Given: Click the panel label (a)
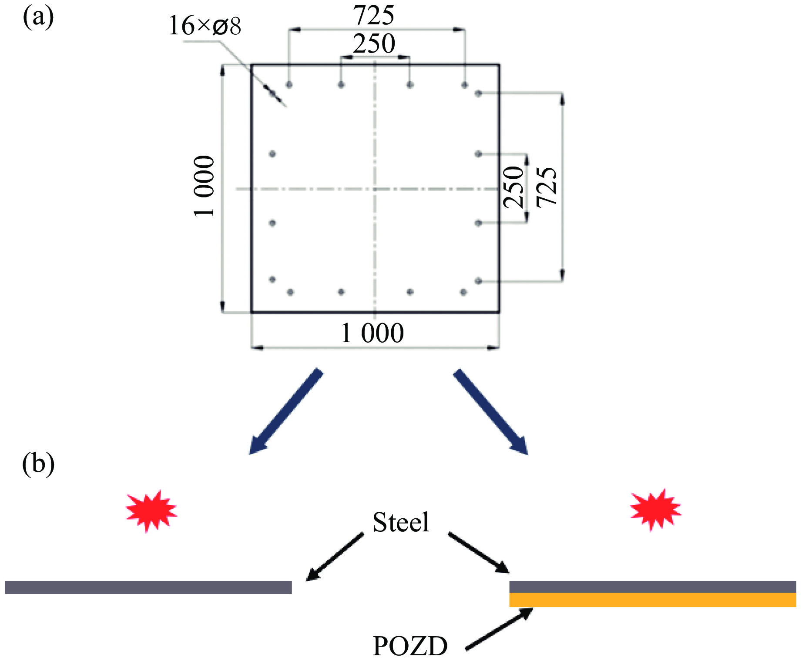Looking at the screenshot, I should pos(38,18).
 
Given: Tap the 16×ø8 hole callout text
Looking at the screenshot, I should pos(204,26).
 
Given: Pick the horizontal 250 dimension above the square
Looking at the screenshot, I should pos(374,44).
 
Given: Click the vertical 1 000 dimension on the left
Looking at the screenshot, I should pos(204,186).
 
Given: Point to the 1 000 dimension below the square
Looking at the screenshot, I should pos(372,333).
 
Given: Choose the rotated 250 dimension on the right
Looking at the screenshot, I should pos(513,187).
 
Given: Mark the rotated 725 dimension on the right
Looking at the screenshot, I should pos(547,187).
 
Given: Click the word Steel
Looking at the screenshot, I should pos(401,522).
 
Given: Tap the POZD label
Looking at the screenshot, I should pos(410,646).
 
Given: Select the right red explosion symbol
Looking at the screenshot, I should pos(655,510).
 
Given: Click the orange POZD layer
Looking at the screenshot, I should pos(653,600).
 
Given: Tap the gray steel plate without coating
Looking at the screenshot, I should pos(148,587).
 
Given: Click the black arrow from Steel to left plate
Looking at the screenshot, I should pos(335,557).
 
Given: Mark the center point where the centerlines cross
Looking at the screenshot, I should pos(375,189).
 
